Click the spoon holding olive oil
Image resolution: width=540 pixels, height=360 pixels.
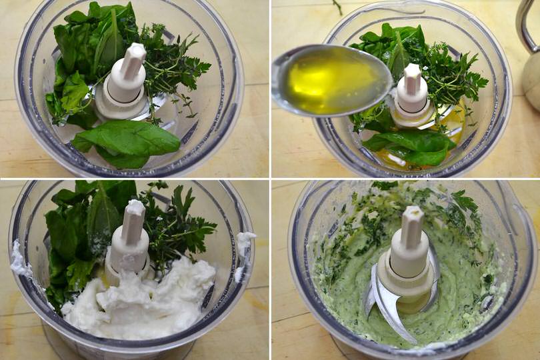[x=332, y=80]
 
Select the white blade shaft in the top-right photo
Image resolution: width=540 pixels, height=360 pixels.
[x=412, y=90]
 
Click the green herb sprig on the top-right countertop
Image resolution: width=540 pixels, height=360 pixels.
[x=337, y=7]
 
